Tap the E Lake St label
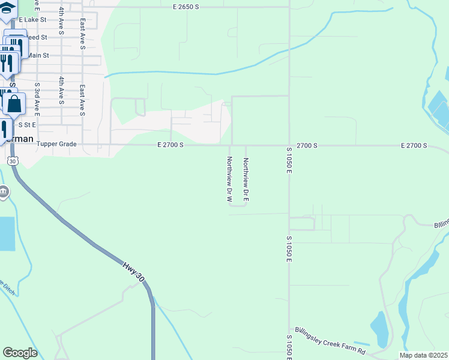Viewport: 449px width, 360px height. (x=33, y=20)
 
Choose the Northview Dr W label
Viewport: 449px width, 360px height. (x=229, y=178)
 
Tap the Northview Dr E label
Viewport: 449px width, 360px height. (x=246, y=178)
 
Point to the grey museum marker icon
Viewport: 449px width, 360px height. (x=4, y=192)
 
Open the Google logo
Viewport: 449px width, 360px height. (x=20, y=352)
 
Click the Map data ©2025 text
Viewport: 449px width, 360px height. (x=423, y=355)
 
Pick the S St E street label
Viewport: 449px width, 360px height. (x=28, y=125)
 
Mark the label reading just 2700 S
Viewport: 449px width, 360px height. (x=306, y=145)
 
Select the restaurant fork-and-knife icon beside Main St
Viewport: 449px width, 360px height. (x=7, y=63)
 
